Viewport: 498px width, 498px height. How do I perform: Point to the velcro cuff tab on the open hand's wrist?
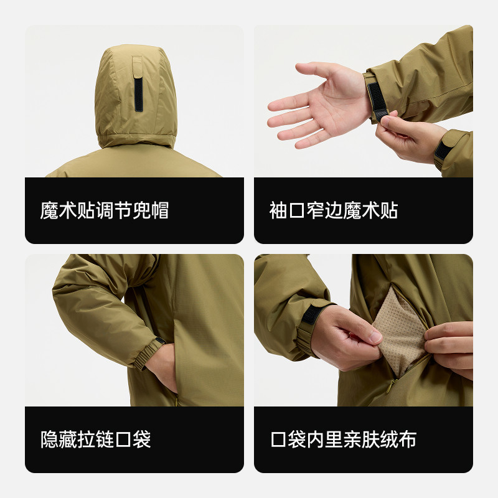click(375, 96)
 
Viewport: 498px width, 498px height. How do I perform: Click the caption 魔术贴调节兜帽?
click(104, 210)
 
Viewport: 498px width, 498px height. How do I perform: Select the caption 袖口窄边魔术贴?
click(333, 210)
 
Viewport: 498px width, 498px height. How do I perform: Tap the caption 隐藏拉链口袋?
click(95, 439)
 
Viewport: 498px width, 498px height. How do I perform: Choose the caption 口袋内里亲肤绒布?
click(343, 439)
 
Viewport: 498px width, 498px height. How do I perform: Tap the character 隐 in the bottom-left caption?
click(50, 439)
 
